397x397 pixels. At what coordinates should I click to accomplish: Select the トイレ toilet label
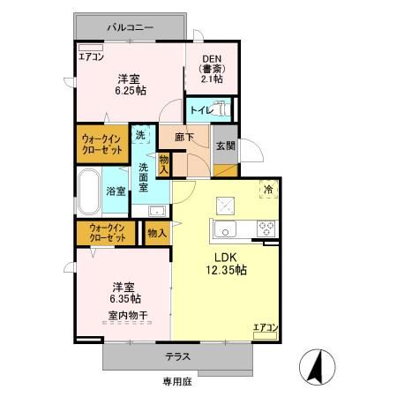click(x=200, y=111)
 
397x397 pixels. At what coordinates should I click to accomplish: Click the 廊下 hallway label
click(x=184, y=139)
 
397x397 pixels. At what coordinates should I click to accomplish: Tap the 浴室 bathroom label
click(x=116, y=191)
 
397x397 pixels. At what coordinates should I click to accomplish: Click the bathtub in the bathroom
click(x=87, y=190)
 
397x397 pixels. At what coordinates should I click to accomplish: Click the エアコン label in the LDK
click(x=266, y=328)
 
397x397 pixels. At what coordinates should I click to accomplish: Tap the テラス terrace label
click(x=178, y=356)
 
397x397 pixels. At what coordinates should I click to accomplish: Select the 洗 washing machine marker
click(x=141, y=137)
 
